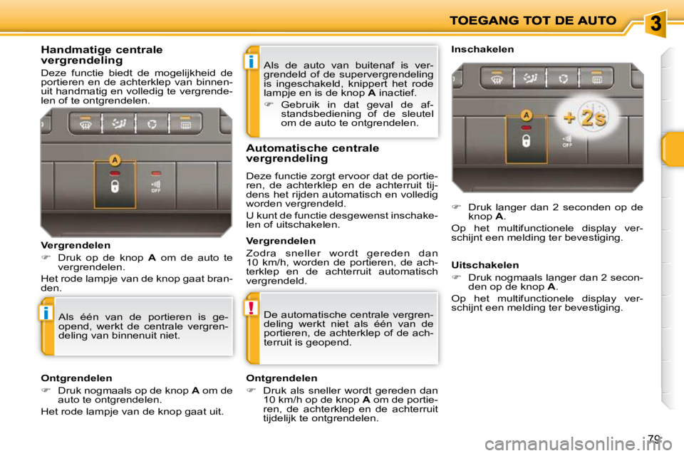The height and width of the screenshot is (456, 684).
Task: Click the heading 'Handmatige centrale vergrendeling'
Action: [x=102, y=55]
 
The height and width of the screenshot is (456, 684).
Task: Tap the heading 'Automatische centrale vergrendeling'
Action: [x=312, y=153]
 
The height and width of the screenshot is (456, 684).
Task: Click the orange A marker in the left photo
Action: [x=114, y=160]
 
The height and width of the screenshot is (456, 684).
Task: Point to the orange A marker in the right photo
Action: [x=526, y=114]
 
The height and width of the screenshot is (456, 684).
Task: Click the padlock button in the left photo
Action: [x=114, y=187]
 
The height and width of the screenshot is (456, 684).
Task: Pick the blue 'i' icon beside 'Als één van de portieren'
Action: [x=47, y=313]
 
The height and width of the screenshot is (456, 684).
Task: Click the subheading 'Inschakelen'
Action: [x=483, y=50]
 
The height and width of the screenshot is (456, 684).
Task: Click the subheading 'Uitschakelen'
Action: [x=485, y=265]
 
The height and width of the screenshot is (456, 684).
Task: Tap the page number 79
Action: [x=655, y=440]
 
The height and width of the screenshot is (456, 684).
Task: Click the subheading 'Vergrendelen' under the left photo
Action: [x=70, y=244]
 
